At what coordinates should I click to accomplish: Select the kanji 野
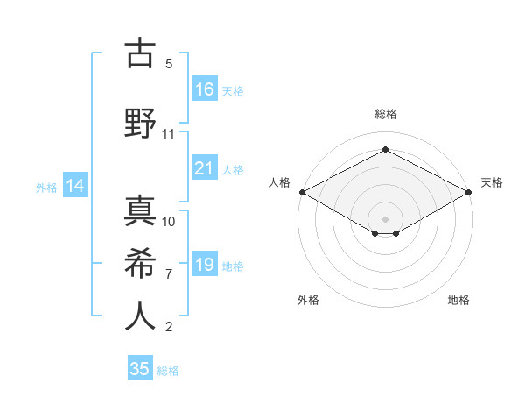141,123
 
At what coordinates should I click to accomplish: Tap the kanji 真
141,210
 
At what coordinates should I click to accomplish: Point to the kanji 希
141,263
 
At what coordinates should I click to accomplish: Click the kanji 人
141,316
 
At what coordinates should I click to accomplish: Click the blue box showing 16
205,89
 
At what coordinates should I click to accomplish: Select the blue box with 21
205,168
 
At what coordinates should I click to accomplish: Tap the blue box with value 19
205,265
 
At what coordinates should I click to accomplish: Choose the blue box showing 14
75,186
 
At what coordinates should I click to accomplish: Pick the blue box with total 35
140,369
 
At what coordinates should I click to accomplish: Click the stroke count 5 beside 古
169,64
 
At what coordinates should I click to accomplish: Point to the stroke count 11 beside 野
169,134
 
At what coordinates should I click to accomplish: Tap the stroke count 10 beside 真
169,221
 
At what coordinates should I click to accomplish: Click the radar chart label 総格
385,114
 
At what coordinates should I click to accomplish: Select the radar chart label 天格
492,182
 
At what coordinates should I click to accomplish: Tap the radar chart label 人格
279,182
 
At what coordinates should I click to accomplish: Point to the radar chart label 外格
308,300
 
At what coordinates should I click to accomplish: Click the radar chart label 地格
459,300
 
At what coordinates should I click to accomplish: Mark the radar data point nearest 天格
469,192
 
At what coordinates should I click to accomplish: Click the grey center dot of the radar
385,217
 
